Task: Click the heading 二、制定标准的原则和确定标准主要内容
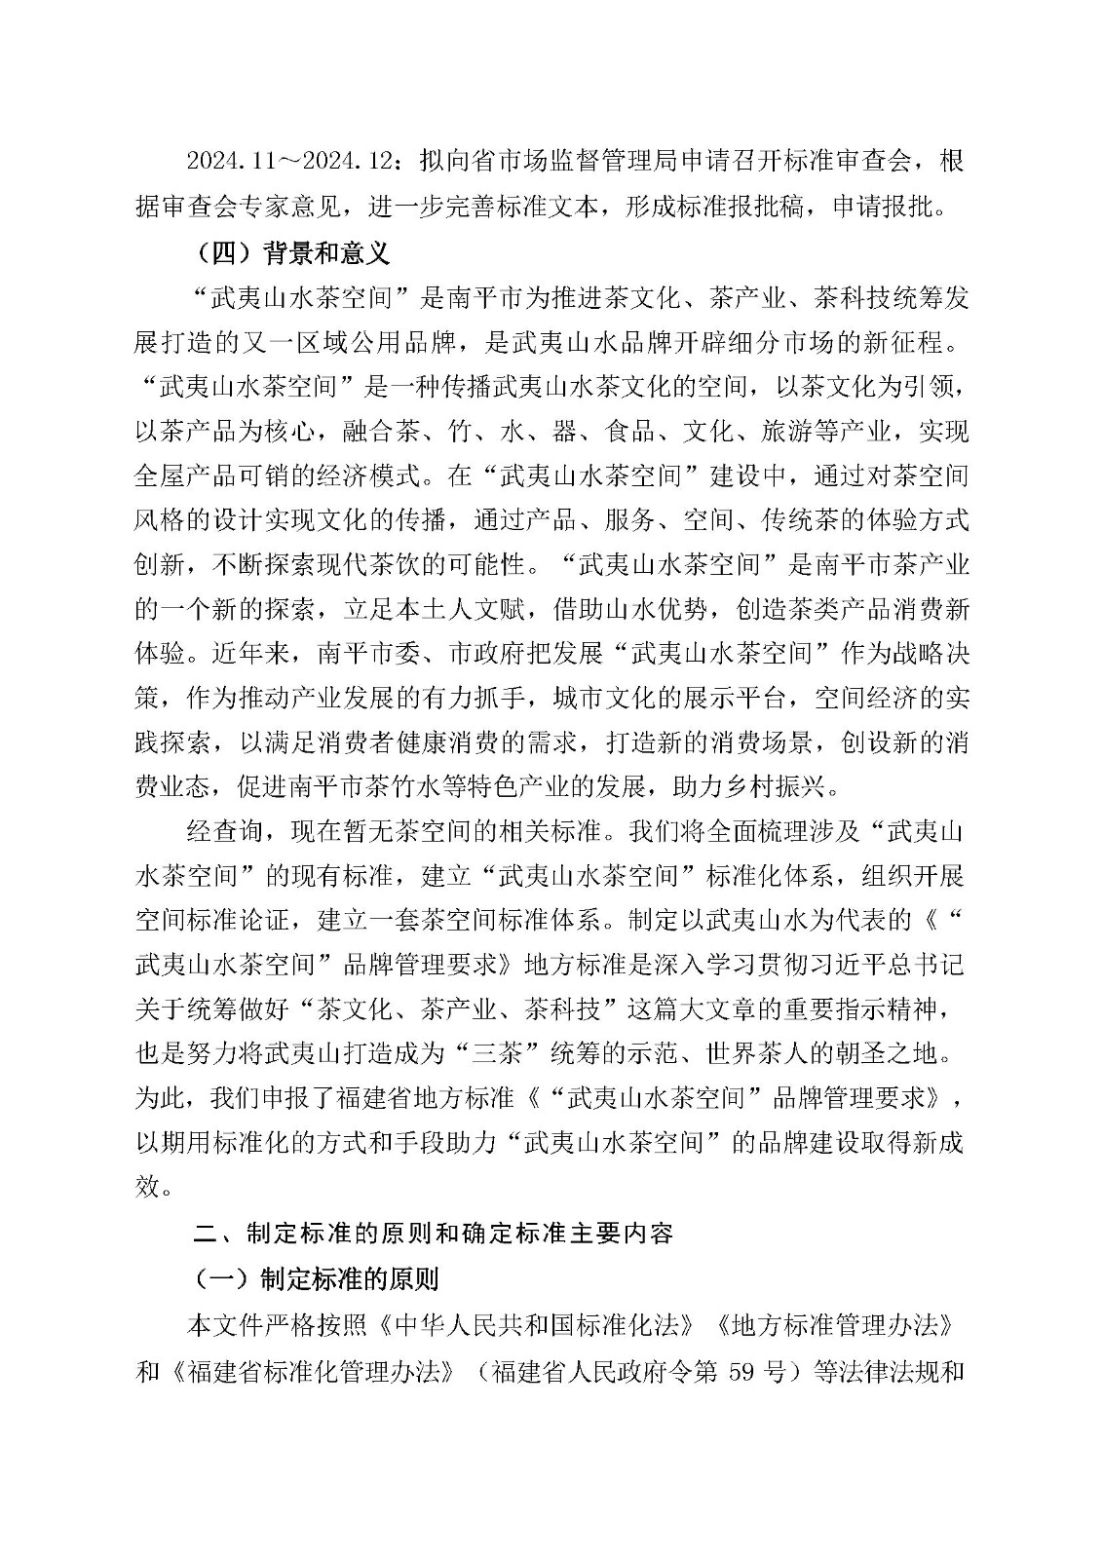[432, 1234]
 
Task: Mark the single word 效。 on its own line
[156, 1188]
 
